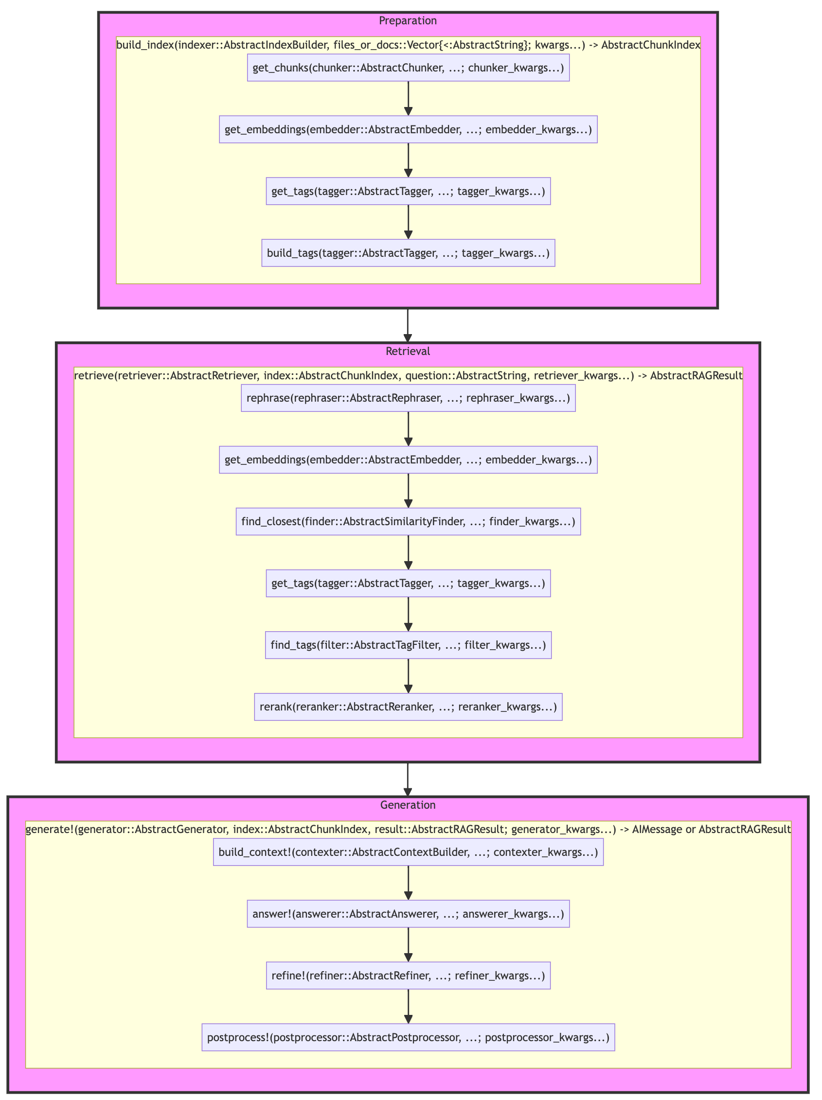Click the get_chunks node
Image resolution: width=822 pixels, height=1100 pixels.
(x=408, y=68)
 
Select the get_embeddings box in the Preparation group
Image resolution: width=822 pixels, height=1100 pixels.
(x=408, y=130)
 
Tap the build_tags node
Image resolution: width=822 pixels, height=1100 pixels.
(x=408, y=253)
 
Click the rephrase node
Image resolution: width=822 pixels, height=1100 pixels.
(x=408, y=398)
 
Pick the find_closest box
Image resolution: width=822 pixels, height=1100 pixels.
(x=408, y=522)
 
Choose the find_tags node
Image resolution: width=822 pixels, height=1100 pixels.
(x=408, y=645)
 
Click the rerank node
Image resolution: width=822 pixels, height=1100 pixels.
(x=408, y=707)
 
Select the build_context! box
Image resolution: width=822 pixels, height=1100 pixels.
(x=408, y=852)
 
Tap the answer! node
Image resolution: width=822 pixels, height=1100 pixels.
(x=408, y=914)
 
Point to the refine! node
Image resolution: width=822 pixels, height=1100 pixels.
(x=408, y=976)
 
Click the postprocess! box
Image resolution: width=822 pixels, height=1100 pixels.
(x=408, y=1037)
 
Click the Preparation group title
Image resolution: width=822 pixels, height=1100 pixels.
(x=408, y=20)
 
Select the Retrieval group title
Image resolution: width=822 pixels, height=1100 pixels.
(x=408, y=351)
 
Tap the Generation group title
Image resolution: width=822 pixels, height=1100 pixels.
(x=408, y=805)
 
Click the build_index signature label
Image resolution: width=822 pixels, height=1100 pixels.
(x=408, y=45)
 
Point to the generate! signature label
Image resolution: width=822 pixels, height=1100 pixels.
(x=408, y=829)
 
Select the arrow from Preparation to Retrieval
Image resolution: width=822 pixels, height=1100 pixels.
(x=408, y=325)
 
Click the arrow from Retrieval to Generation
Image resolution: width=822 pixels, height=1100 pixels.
(x=408, y=779)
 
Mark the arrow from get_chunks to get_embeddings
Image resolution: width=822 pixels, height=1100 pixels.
(x=408, y=98)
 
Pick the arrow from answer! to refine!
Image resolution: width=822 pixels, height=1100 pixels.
(x=408, y=945)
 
